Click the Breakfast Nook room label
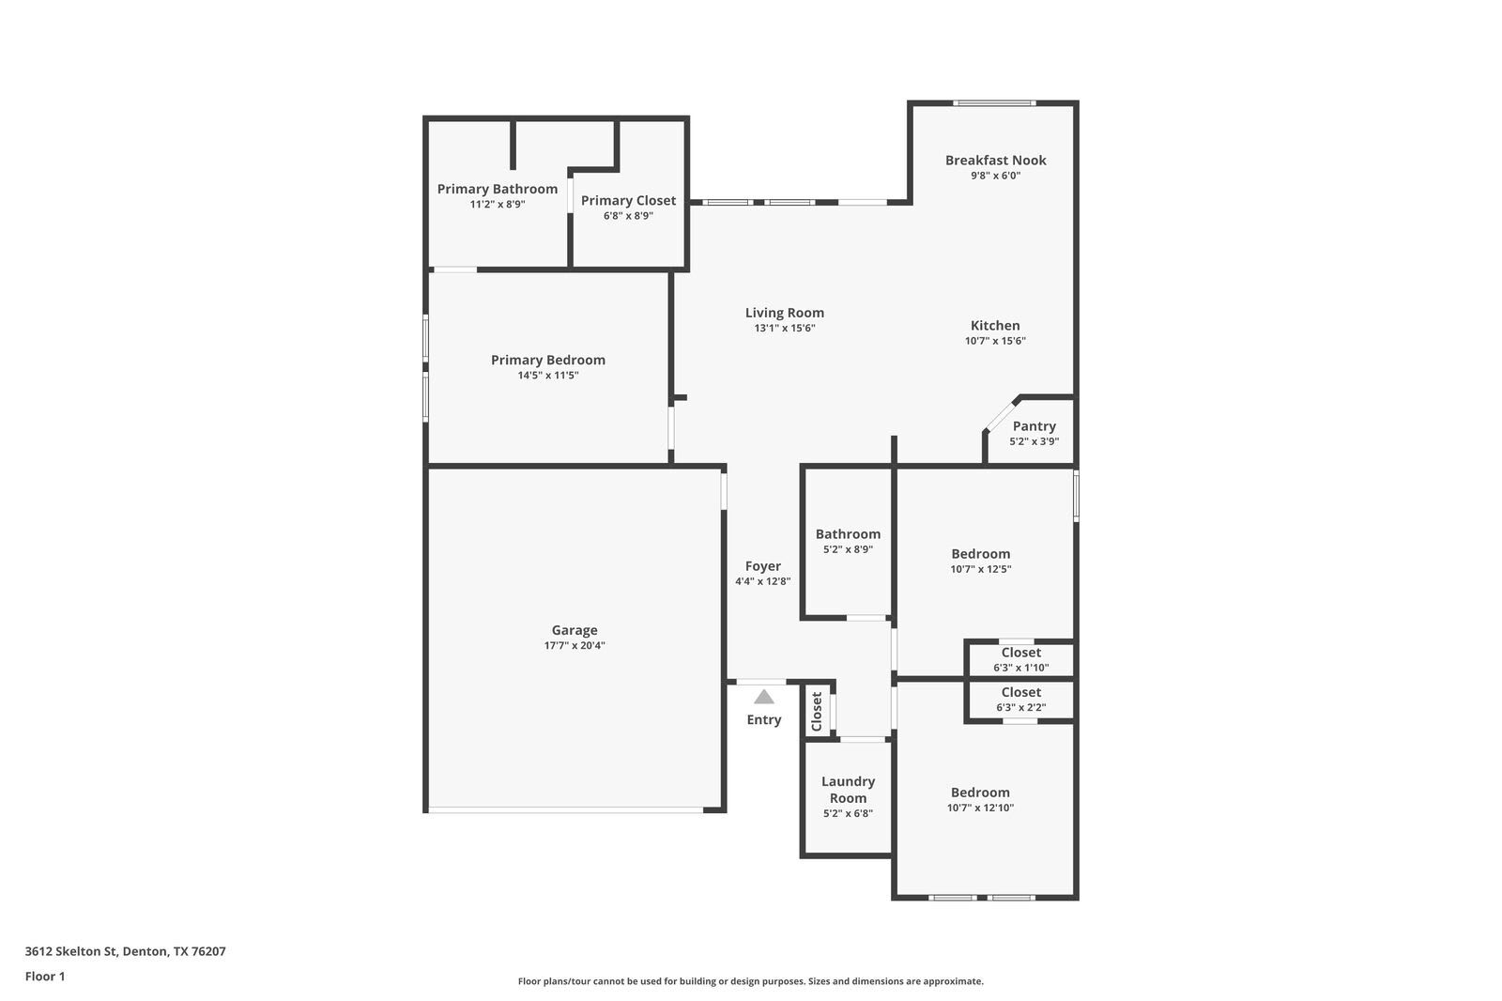coord(995,161)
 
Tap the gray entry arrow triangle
coord(764,697)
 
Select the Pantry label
coord(1034,426)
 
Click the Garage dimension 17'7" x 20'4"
coord(575,646)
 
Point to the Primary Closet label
coord(628,201)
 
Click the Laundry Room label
coord(848,790)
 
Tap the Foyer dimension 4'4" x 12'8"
coord(762,581)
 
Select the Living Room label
coord(785,314)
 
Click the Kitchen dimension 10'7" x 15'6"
coord(995,341)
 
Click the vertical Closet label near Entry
coord(817,712)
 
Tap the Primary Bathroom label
coord(497,189)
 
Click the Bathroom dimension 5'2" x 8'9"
coord(848,549)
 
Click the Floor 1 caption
coord(45,977)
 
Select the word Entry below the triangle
coord(763,720)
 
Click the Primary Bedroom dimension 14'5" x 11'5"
coord(548,376)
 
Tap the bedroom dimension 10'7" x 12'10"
coord(980,808)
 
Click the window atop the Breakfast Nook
coord(994,103)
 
